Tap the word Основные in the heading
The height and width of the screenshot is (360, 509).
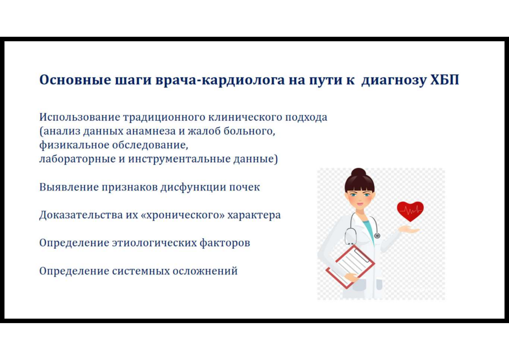(75, 80)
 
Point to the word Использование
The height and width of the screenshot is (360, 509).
(80, 117)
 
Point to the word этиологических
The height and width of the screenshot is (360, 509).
(154, 243)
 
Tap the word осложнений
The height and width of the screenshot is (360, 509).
(205, 271)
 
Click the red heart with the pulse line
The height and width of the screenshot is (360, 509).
(410, 211)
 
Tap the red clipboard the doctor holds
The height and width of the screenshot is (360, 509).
(350, 266)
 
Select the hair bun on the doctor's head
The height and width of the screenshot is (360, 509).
(359, 172)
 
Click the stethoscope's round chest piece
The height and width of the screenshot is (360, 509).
(377, 236)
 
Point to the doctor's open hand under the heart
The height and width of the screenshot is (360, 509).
(409, 230)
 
